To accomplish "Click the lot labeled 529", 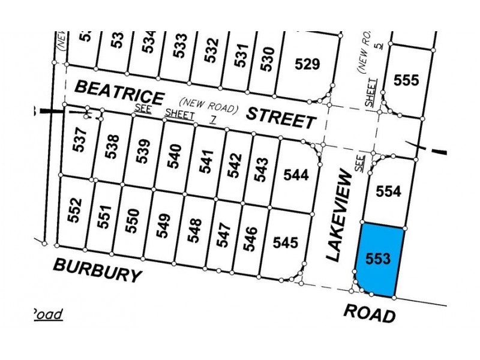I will tap(308, 64).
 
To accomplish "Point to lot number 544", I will tap(296, 175).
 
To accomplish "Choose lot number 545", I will tap(285, 242).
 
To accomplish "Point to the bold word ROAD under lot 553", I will tap(370, 313).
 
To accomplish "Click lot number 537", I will tap(83, 142).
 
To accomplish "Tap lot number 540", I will tap(175, 155).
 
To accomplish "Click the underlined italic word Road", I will tap(47, 314).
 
